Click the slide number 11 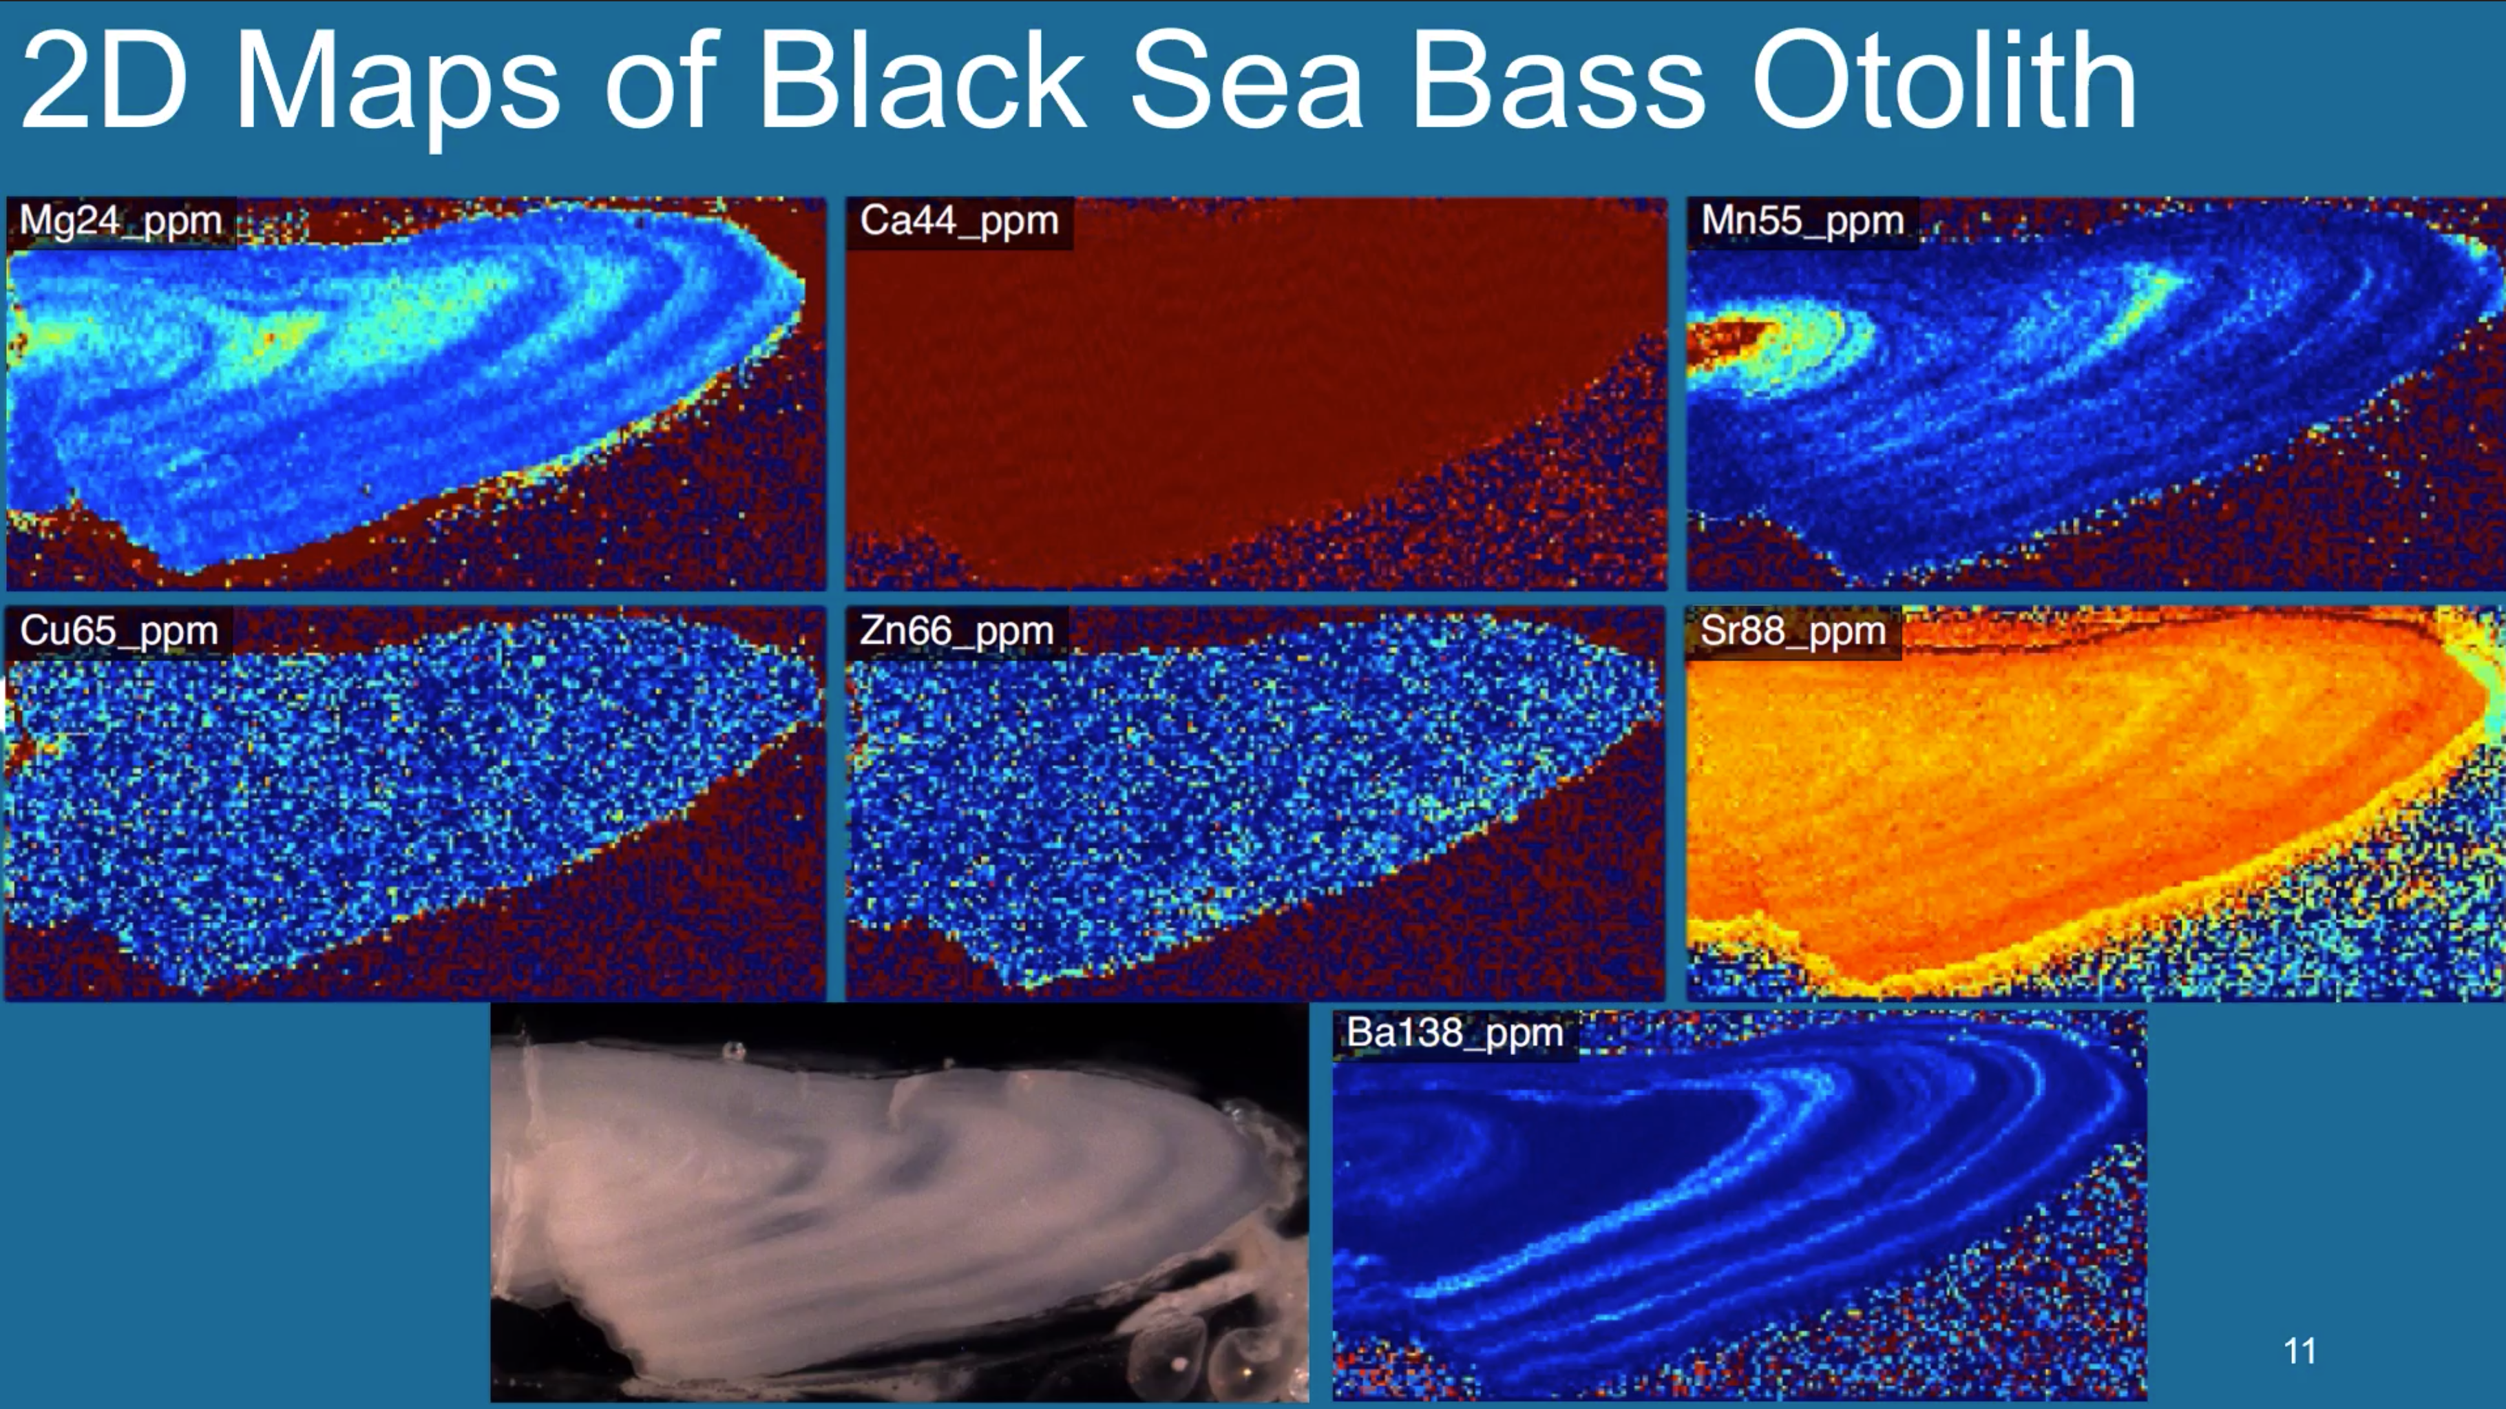[2299, 1350]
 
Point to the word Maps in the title [397, 87]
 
